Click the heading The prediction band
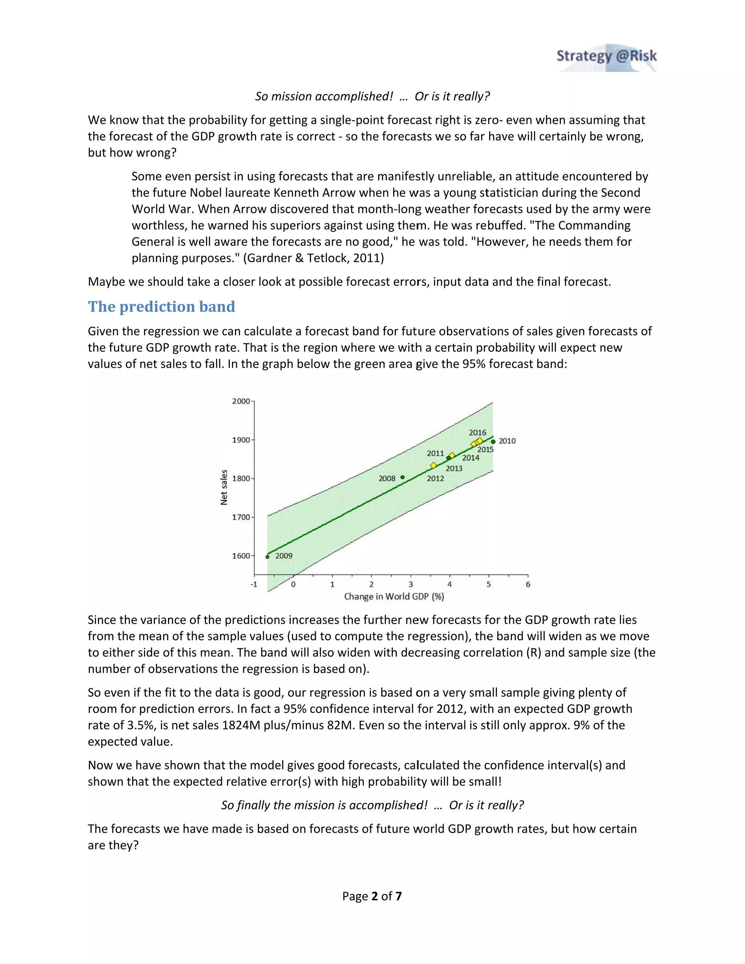[x=161, y=306]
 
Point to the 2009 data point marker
[x=267, y=557]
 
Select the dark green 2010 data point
[x=493, y=441]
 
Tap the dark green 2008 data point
[x=403, y=477]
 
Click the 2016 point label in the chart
[x=477, y=433]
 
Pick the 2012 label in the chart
[x=435, y=478]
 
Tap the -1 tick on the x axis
[x=254, y=585]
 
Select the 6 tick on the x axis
[x=528, y=585]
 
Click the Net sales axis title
[x=224, y=487]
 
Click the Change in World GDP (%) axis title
[x=394, y=597]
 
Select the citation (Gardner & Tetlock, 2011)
[x=313, y=258]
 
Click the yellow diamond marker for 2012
[x=433, y=465]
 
